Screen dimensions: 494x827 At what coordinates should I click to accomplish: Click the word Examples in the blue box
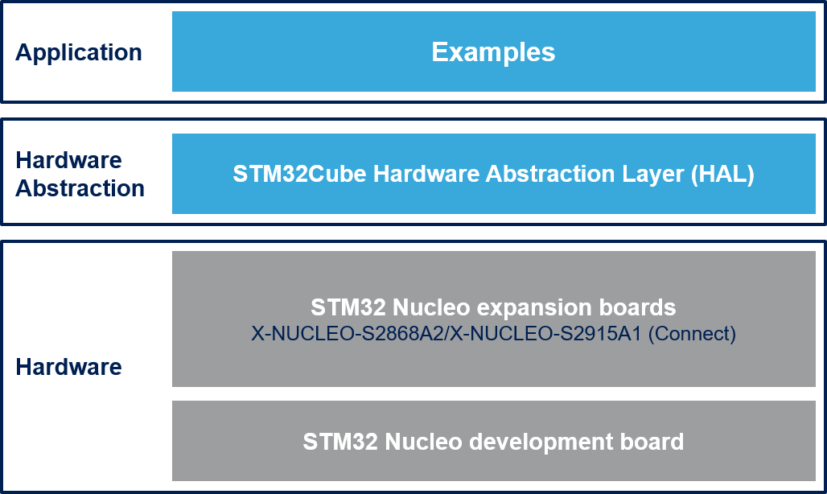coord(493,52)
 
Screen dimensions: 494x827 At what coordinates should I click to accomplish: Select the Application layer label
coord(79,52)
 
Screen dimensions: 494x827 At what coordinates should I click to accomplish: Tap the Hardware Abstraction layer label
coord(80,174)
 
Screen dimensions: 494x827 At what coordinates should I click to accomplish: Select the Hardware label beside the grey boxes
coord(68,367)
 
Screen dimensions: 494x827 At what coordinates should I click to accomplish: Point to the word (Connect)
coord(693,334)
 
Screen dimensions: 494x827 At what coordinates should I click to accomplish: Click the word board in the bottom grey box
coord(654,442)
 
